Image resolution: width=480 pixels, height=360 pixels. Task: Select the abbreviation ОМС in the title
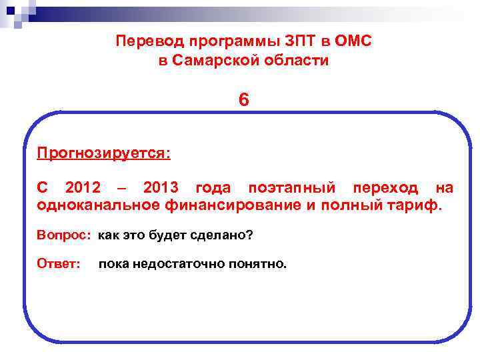(354, 41)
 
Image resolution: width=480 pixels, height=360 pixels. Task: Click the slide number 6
(244, 101)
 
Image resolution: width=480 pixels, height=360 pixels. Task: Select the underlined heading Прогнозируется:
(104, 154)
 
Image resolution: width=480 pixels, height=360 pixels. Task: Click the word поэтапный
(291, 188)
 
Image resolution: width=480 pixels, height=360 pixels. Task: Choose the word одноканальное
(98, 205)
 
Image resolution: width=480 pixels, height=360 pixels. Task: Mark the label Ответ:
(59, 264)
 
